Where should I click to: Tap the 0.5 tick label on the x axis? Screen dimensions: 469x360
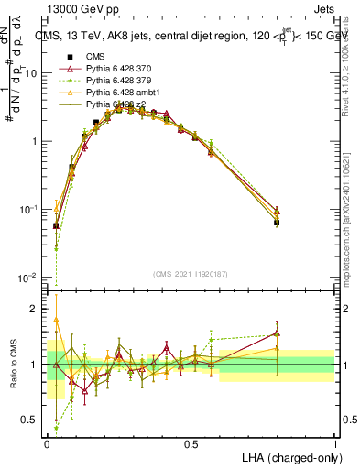tap(191, 443)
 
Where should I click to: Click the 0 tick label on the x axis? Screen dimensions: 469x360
tap(47, 443)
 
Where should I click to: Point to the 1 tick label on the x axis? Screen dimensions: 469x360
tap(335, 443)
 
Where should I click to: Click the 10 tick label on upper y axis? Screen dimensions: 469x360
tap(32, 73)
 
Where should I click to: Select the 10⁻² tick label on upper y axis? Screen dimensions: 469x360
tap(30, 278)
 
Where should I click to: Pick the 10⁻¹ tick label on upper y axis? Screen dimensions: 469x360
tap(30, 210)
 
